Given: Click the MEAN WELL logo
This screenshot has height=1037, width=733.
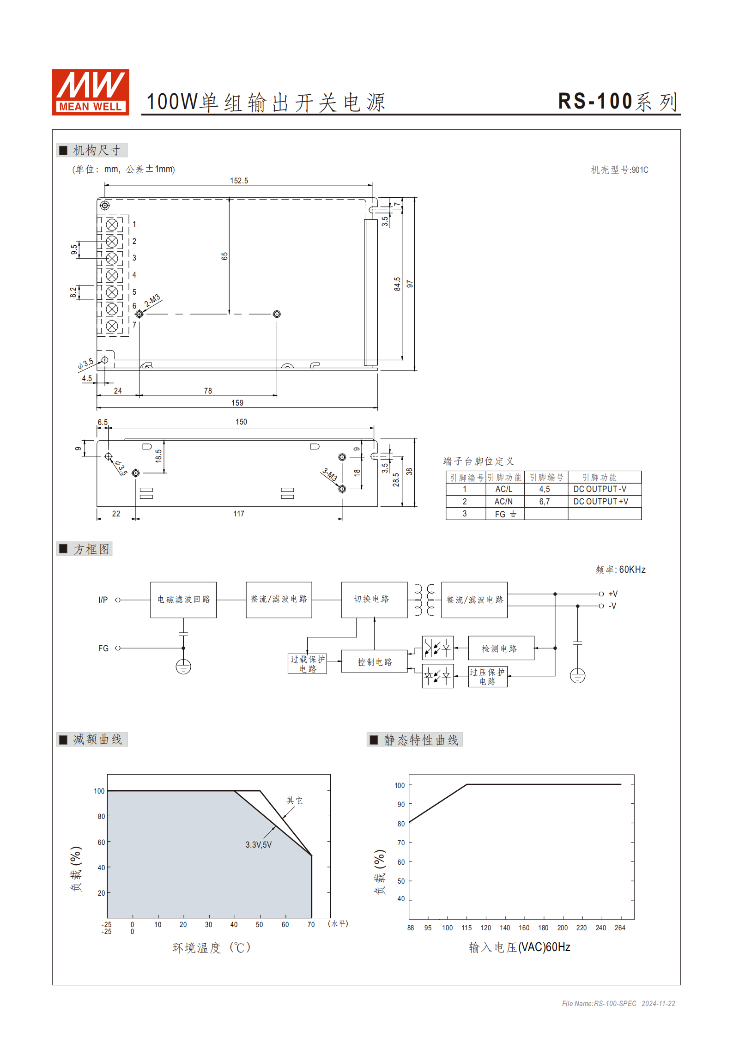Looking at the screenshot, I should pyautogui.click(x=91, y=92).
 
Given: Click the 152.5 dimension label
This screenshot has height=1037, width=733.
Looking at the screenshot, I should pyautogui.click(x=239, y=181).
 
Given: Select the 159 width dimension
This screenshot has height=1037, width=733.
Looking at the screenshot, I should pyautogui.click(x=237, y=403).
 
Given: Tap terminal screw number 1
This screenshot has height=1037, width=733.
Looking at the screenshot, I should pyautogui.click(x=112, y=225).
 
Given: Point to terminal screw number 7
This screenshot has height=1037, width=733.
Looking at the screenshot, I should pyautogui.click(x=112, y=326).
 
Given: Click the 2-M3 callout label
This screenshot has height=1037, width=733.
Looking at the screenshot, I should pyautogui.click(x=152, y=300).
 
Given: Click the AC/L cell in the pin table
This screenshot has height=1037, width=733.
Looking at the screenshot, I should pyautogui.click(x=503, y=489).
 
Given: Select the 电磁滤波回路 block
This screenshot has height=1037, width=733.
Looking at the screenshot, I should pyautogui.click(x=183, y=600).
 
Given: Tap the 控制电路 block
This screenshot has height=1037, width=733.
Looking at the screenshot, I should pyautogui.click(x=374, y=661).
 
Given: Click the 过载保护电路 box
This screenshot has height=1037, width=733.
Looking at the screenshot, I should pyautogui.click(x=307, y=664).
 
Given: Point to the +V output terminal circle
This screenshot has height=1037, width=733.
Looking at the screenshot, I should pyautogui.click(x=601, y=594).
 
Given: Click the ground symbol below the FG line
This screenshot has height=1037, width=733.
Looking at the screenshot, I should pyautogui.click(x=183, y=667).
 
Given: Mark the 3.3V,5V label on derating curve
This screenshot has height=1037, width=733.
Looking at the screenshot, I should pyautogui.click(x=258, y=844).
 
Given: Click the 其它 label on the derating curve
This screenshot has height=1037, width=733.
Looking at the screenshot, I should pyautogui.click(x=294, y=800).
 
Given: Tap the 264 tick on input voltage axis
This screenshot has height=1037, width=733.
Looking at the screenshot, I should pyautogui.click(x=620, y=928).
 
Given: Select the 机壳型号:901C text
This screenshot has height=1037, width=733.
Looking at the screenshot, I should pyautogui.click(x=619, y=170).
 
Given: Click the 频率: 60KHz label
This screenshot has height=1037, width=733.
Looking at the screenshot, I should pyautogui.click(x=620, y=570).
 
